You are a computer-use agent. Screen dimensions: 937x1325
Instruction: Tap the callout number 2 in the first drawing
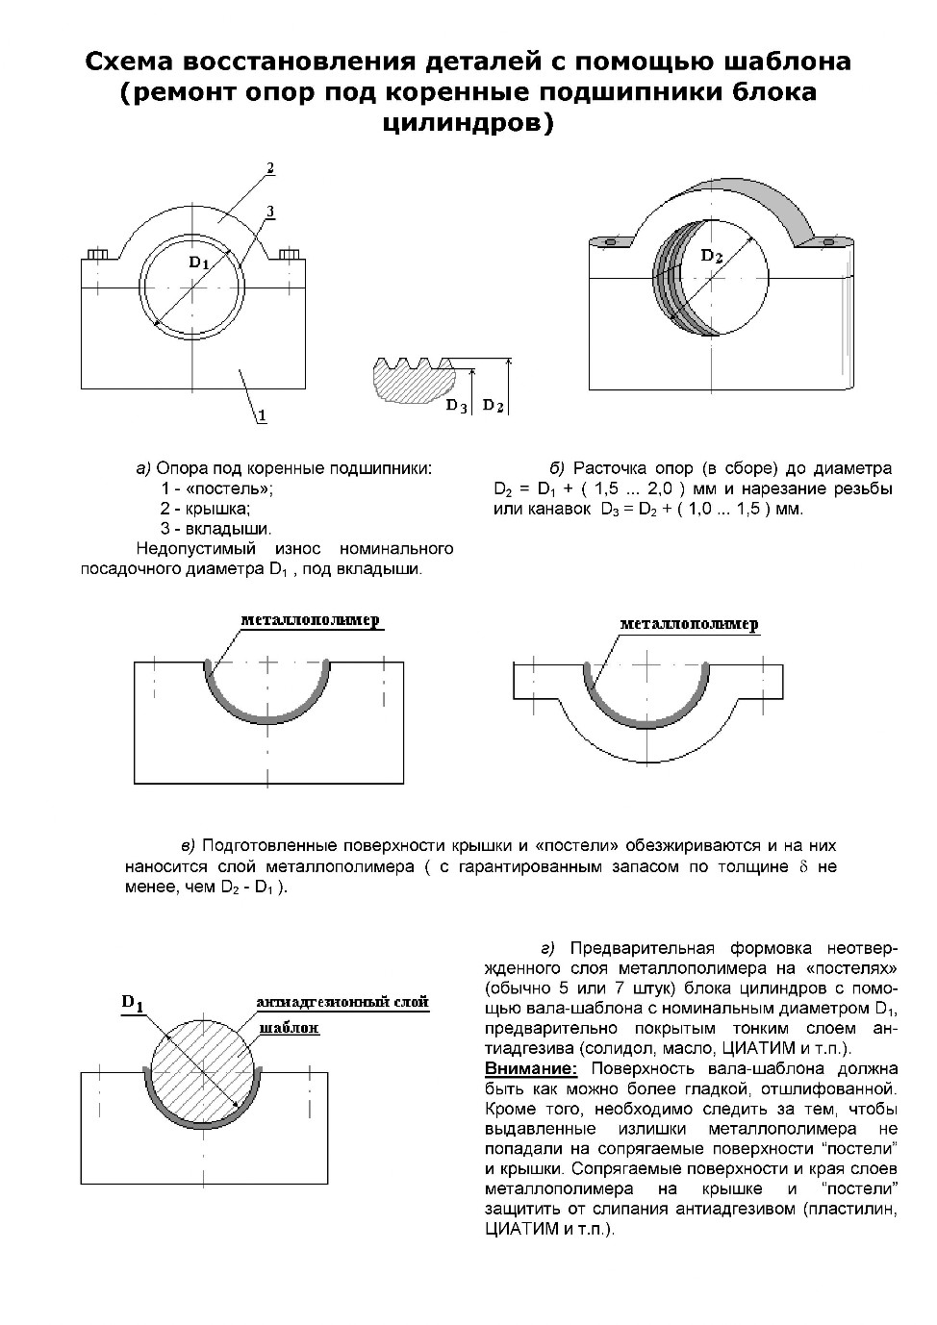270,168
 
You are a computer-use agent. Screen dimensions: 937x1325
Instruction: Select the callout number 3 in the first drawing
270,212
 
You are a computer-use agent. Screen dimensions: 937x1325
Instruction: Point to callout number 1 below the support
263,415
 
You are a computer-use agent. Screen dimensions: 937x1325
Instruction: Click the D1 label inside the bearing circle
199,262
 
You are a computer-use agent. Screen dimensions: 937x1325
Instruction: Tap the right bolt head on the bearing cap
290,255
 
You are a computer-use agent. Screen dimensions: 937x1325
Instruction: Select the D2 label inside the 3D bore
712,256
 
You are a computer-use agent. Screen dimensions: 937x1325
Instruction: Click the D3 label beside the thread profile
456,407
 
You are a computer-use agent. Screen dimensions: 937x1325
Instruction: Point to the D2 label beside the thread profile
494,406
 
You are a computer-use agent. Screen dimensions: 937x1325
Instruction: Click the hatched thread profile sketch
413,380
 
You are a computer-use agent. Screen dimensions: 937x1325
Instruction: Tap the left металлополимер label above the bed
310,620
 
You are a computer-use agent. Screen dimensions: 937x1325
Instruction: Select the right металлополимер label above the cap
689,624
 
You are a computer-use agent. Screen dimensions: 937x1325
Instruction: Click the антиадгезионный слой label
342,1001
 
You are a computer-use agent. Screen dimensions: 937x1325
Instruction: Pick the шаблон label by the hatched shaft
290,1028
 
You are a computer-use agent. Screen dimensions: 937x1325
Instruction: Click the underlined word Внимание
531,1069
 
